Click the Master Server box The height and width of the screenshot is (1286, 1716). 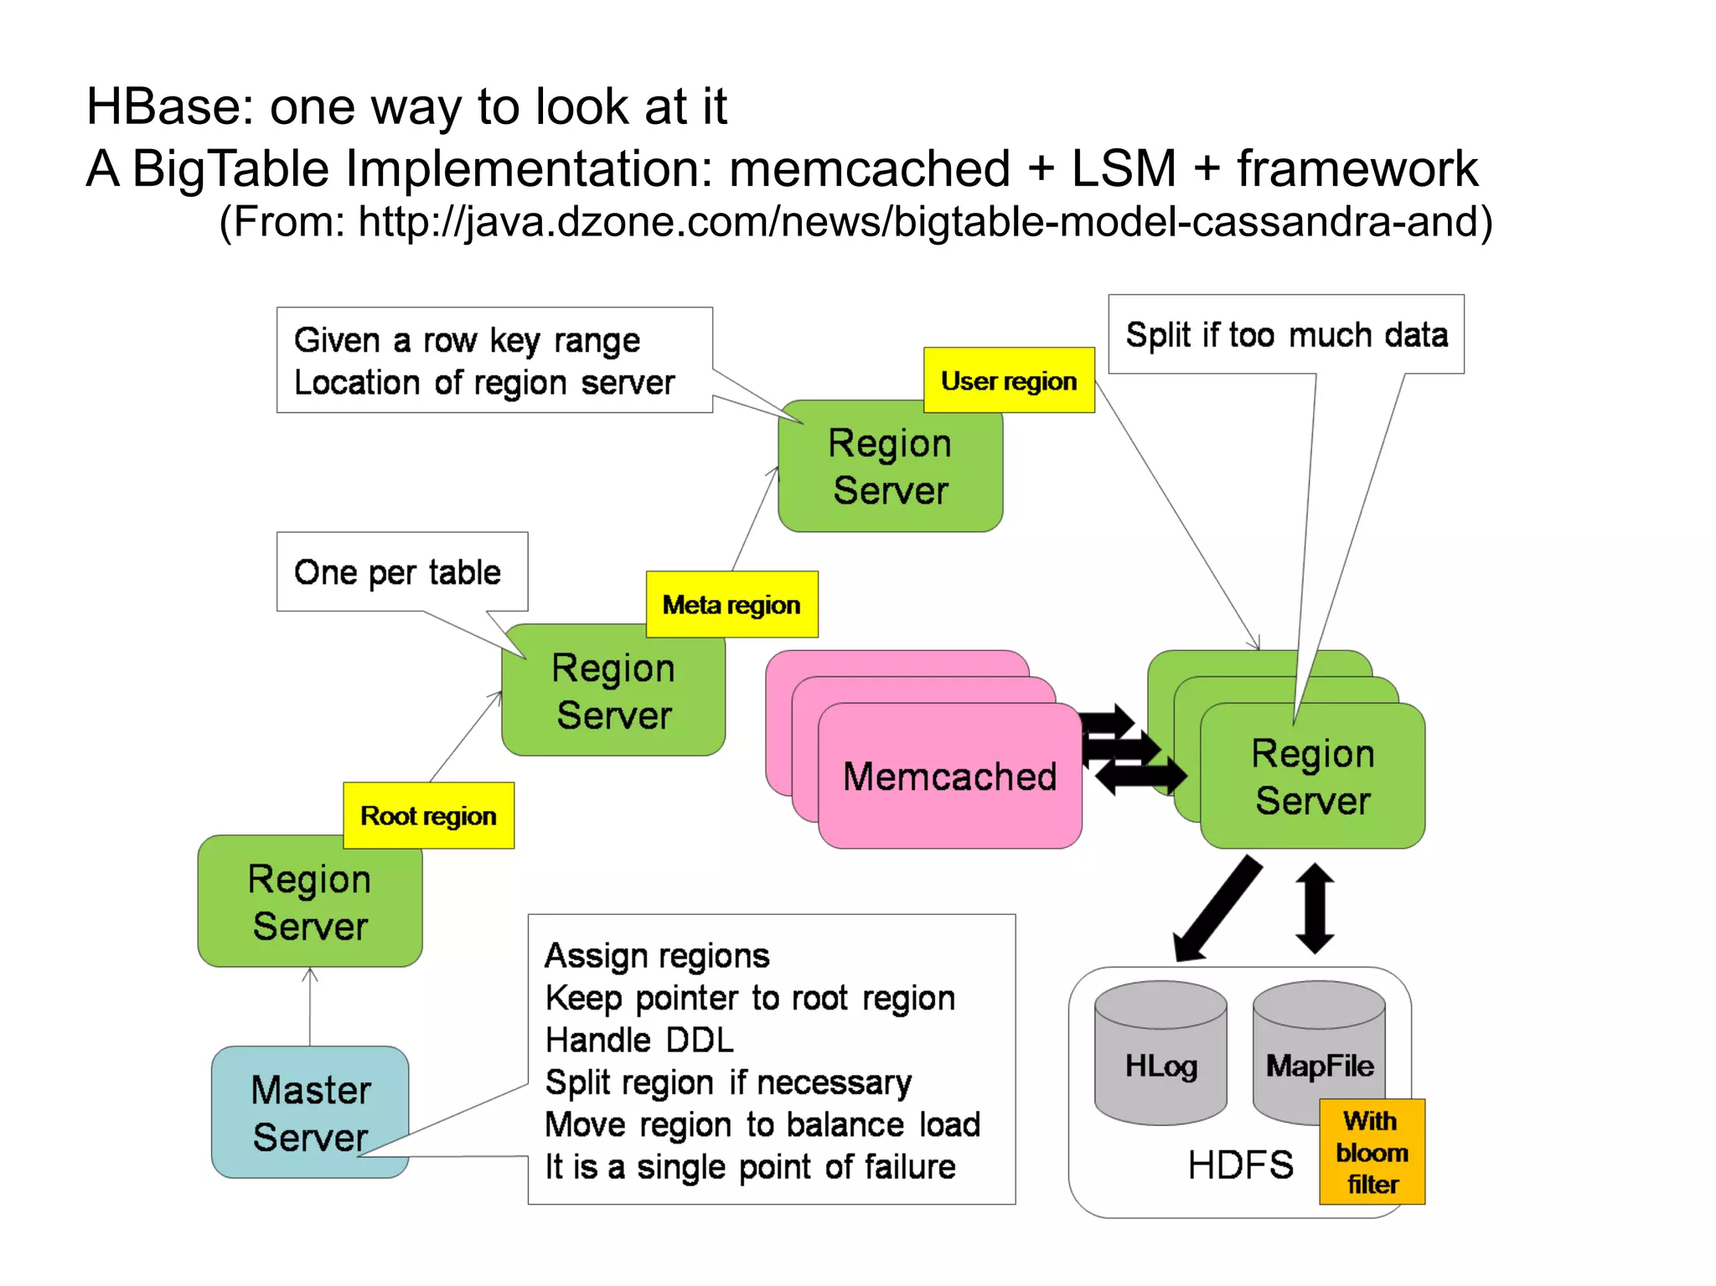click(310, 1112)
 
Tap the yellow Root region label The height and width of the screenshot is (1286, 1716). click(428, 815)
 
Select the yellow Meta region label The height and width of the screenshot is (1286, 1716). click(731, 604)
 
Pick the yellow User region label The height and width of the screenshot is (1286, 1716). click(1009, 380)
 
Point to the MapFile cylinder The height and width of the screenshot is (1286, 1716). click(1319, 1047)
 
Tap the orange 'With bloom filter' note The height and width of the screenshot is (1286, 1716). click(1372, 1152)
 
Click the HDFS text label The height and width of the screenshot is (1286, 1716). click(1240, 1165)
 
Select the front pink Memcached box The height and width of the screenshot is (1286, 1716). click(949, 776)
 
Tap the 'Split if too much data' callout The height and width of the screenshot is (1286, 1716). click(1285, 334)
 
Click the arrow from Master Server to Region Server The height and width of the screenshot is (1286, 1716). click(310, 1006)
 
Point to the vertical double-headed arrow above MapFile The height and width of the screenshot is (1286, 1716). click(1315, 908)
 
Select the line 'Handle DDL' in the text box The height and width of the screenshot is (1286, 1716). click(639, 1040)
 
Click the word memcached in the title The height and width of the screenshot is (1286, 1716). click(869, 168)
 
